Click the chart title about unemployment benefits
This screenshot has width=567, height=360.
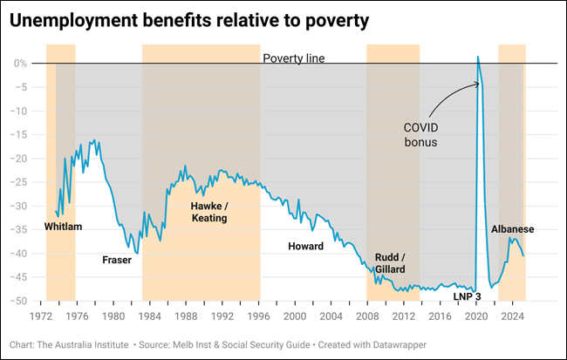click(x=186, y=21)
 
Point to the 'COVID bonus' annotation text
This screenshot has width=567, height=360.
click(x=420, y=133)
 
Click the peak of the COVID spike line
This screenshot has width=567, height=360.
click(x=478, y=57)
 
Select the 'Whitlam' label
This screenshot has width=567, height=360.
click(x=63, y=227)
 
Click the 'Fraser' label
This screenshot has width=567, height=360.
click(x=116, y=260)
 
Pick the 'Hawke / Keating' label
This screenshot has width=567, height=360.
click(x=208, y=212)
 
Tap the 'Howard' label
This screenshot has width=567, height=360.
click(x=305, y=247)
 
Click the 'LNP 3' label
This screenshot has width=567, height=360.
click(x=468, y=296)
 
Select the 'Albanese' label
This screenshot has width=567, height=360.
click(x=512, y=229)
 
